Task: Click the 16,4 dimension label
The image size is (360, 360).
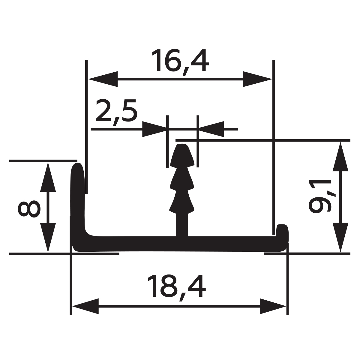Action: (180, 62)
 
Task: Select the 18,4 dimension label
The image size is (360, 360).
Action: (176, 288)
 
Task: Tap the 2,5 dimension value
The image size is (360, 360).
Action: (117, 112)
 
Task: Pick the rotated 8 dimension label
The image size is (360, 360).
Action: (29, 209)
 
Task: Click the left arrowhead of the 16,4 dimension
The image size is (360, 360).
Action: (103, 79)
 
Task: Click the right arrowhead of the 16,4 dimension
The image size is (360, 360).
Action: (257, 79)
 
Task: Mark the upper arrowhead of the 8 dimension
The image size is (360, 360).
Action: (48, 177)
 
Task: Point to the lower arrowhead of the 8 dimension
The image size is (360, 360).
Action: (48, 237)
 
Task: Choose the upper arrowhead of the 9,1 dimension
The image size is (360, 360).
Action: (340, 157)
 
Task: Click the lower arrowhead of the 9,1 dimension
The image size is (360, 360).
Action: (340, 237)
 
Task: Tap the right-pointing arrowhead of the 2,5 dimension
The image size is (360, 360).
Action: (154, 129)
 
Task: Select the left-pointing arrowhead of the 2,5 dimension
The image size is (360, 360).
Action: (211, 129)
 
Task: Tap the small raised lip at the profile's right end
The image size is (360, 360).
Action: (283, 231)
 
